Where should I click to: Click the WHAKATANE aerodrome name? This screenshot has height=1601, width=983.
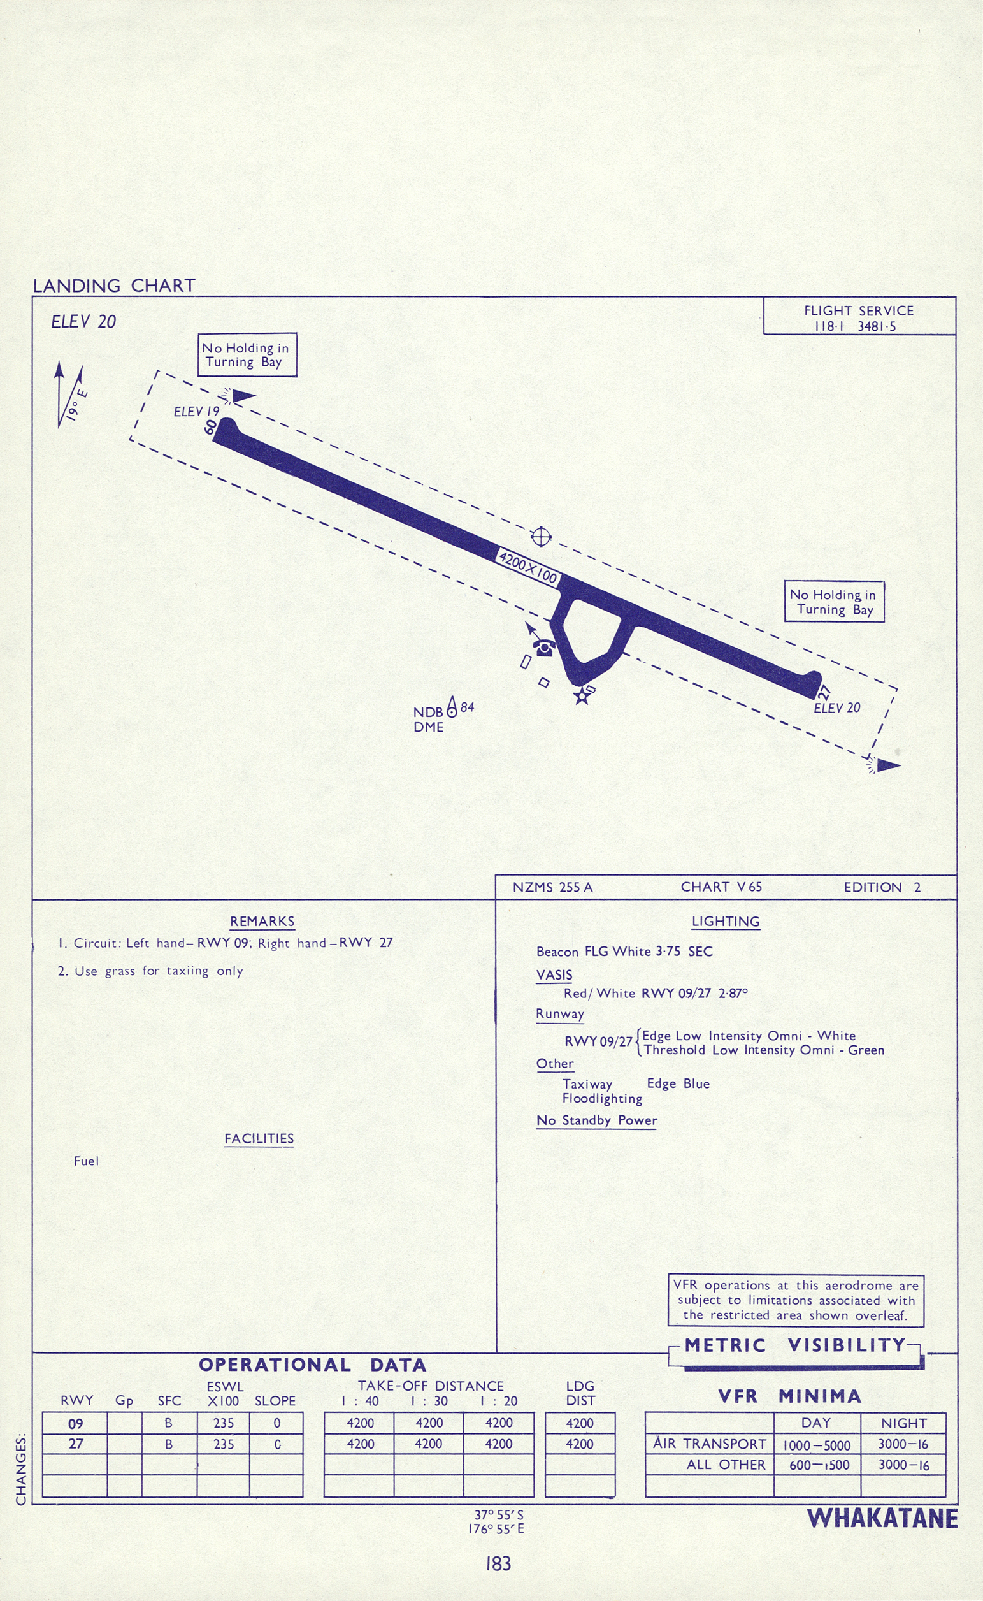(x=882, y=1518)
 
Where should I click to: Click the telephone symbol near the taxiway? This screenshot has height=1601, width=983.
(x=543, y=648)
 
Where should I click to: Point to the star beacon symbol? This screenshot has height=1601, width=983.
(x=582, y=697)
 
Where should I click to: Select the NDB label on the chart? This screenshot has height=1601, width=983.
(x=427, y=712)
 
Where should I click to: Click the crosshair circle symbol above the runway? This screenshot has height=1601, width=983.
(x=541, y=537)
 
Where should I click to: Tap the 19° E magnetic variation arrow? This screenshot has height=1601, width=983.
(x=70, y=395)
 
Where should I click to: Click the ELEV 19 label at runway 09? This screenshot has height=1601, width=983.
(x=196, y=412)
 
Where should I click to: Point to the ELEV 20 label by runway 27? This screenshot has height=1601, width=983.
(x=836, y=708)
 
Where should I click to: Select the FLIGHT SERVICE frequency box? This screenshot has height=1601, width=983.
(x=859, y=318)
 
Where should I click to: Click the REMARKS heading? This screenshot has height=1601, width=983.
(x=262, y=922)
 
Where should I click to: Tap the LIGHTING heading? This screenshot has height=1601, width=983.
(x=726, y=922)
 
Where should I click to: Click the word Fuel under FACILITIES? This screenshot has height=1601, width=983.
(x=87, y=1161)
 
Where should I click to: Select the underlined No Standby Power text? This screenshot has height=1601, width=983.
(x=596, y=1120)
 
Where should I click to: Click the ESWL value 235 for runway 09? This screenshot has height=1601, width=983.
(x=224, y=1423)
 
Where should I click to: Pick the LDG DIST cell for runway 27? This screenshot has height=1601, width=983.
(x=579, y=1444)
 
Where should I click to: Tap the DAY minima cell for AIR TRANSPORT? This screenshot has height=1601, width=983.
(x=817, y=1445)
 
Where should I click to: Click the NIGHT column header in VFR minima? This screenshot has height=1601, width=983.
(x=903, y=1423)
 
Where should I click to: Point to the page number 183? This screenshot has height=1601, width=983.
(x=498, y=1563)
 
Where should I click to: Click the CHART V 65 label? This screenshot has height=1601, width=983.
(x=721, y=887)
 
